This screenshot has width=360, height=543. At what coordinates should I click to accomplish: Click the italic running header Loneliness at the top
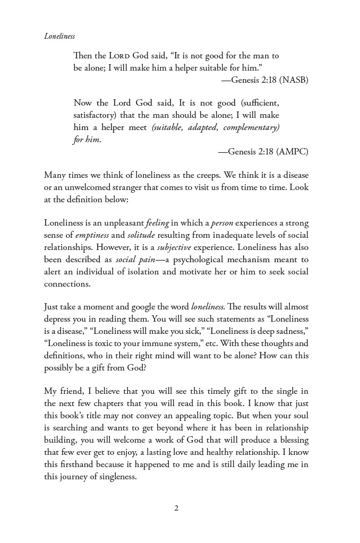point(59,36)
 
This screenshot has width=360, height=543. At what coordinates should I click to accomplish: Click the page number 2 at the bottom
point(176,508)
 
